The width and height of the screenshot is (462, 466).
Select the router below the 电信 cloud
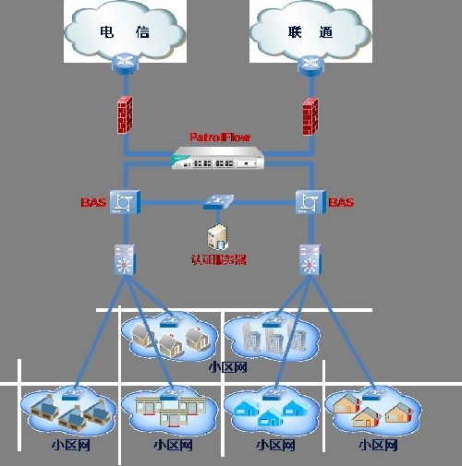[124, 63]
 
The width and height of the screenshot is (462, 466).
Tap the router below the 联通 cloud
[308, 63]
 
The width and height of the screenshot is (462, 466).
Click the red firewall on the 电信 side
[125, 114]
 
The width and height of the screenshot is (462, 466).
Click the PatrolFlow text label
[220, 137]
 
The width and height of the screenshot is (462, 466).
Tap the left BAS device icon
[124, 202]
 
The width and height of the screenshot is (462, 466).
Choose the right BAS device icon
[308, 202]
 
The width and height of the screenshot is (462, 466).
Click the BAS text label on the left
[94, 201]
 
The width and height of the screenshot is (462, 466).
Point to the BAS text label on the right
[341, 202]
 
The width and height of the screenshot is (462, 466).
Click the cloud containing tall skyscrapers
[270, 337]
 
